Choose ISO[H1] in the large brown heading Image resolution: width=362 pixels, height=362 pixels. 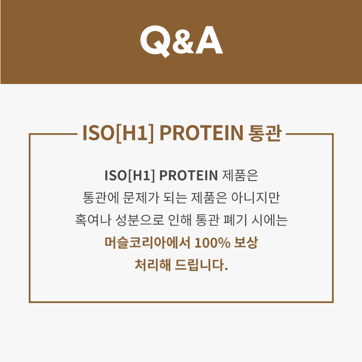click(x=118, y=133)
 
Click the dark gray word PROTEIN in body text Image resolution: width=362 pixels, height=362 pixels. click(x=188, y=175)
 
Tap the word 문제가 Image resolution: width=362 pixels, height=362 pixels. click(x=141, y=198)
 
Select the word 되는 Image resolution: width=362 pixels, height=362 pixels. click(x=175, y=198)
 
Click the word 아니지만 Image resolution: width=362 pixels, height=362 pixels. click(x=256, y=198)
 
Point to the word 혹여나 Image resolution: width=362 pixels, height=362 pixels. click(x=93, y=220)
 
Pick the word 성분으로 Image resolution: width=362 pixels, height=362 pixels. click(x=139, y=220)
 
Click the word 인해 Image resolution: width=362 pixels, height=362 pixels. click(x=180, y=220)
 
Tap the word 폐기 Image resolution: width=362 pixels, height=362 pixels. click(x=235, y=220)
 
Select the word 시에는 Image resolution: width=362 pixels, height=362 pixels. click(x=270, y=220)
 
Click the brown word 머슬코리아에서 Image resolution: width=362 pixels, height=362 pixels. click(x=147, y=242)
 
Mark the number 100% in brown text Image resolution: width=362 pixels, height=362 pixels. click(x=213, y=243)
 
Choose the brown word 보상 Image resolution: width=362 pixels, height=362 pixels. click(x=246, y=242)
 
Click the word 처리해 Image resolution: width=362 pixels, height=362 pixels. click(x=153, y=265)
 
